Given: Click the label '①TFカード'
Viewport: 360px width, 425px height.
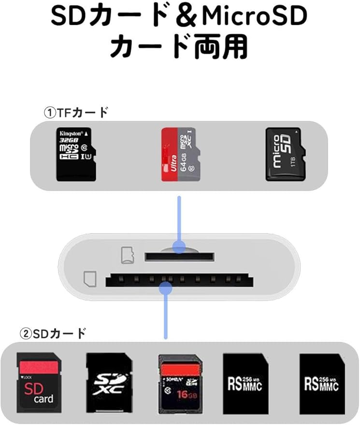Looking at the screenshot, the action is point(76,113).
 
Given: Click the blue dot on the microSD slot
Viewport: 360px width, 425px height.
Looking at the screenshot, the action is point(179,248).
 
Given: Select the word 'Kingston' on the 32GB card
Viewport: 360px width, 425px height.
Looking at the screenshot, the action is point(72,132).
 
